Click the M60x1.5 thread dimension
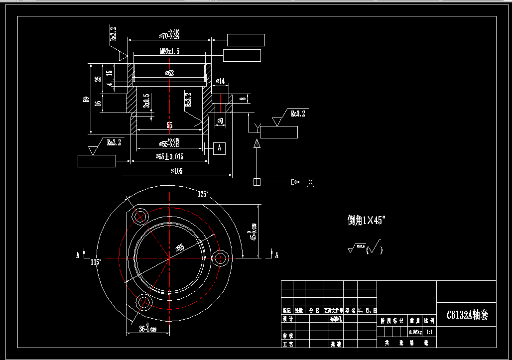point(169,51)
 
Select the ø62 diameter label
point(169,73)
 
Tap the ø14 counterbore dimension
point(220,81)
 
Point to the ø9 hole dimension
point(220,120)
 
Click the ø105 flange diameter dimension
point(176,171)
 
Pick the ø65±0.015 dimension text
point(169,156)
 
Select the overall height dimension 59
point(86,99)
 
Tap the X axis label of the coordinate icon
point(310,182)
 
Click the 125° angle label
point(203,194)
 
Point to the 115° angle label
point(96,261)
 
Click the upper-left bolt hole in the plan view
point(140,217)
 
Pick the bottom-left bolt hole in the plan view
point(144,301)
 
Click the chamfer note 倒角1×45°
point(367,221)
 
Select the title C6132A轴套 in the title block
point(467,315)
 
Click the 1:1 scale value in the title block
point(429,332)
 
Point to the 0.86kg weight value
point(414,332)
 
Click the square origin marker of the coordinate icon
point(257,182)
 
